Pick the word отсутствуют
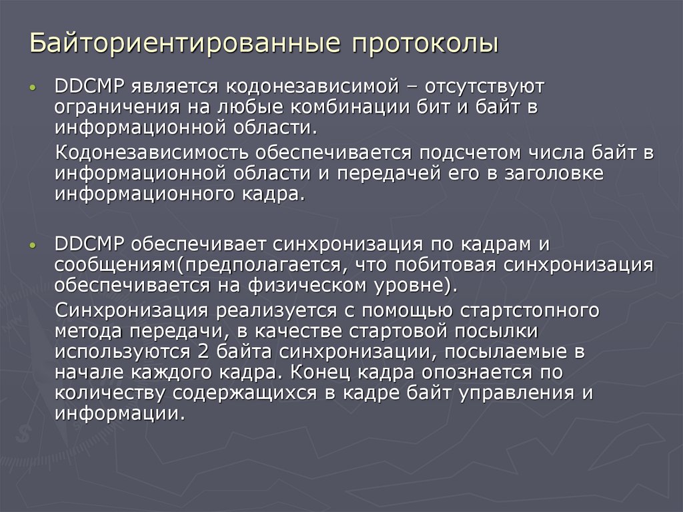[x=479, y=86]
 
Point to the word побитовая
[x=452, y=266]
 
